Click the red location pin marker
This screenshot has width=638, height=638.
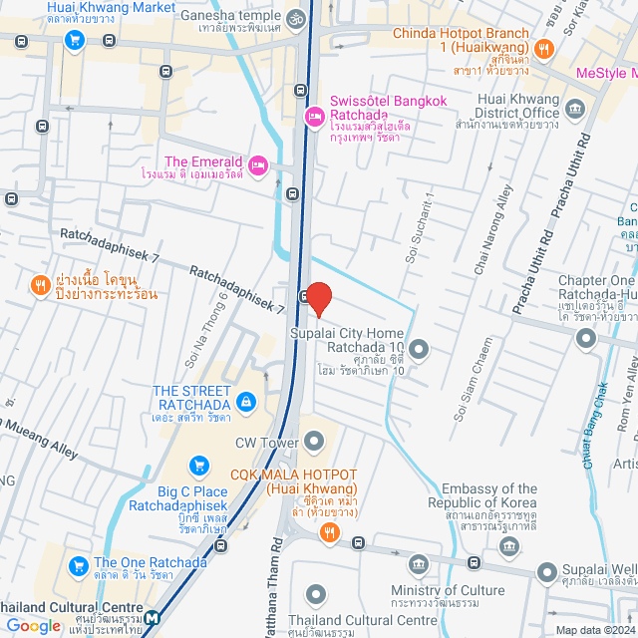[318, 298]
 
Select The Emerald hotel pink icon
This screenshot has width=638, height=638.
[258, 163]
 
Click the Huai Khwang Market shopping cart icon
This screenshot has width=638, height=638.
[74, 40]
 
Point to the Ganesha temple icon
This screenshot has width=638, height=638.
[296, 18]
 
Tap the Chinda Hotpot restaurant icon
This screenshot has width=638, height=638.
[544, 47]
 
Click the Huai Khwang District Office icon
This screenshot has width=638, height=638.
[574, 108]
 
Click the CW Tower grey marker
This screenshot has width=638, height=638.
[315, 440]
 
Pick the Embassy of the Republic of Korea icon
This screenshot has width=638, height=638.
[510, 545]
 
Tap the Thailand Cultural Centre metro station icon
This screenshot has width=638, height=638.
[151, 619]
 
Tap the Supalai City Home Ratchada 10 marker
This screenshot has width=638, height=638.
[419, 348]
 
